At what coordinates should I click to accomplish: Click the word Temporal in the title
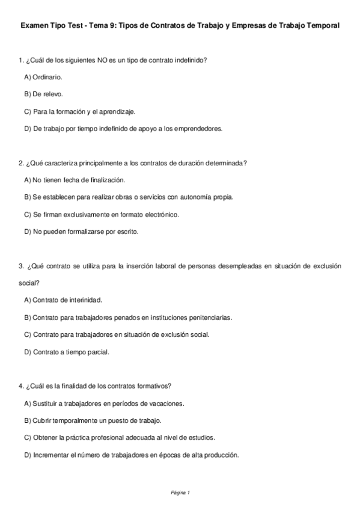click(x=322, y=26)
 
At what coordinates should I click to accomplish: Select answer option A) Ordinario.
click(x=43, y=77)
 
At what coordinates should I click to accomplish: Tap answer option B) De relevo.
click(x=43, y=94)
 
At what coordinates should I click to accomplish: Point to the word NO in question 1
click(x=103, y=60)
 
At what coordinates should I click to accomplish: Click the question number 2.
click(x=21, y=162)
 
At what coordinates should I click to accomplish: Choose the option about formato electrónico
click(x=102, y=214)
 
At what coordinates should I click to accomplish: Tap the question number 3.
click(x=21, y=265)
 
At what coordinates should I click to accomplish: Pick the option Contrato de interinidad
click(x=63, y=300)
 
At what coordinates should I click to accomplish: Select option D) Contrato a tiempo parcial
click(x=67, y=351)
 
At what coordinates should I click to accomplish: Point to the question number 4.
click(x=21, y=386)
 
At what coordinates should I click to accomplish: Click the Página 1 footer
click(x=180, y=493)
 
